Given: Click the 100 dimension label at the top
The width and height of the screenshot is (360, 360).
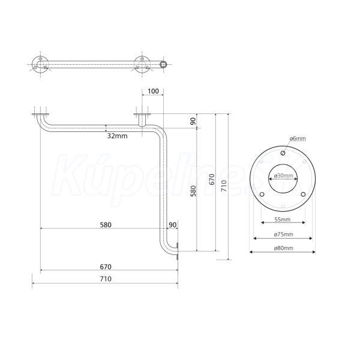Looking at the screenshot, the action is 153,91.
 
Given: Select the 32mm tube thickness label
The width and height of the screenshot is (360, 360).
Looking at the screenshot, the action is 118,136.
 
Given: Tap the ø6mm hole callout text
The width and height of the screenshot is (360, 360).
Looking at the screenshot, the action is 298,139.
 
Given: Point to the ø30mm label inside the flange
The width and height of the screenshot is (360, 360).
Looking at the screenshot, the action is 283,176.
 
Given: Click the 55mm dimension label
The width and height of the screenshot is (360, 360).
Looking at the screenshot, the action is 283,220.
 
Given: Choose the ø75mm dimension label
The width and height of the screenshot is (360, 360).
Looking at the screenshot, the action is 284,235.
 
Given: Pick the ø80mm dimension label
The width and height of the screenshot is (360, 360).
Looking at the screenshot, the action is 284,248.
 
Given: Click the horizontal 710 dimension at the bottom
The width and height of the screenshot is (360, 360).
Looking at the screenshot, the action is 106,279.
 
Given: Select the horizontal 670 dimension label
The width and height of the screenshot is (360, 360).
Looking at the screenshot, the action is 106,267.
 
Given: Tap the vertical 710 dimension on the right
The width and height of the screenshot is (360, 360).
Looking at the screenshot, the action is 224,186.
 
